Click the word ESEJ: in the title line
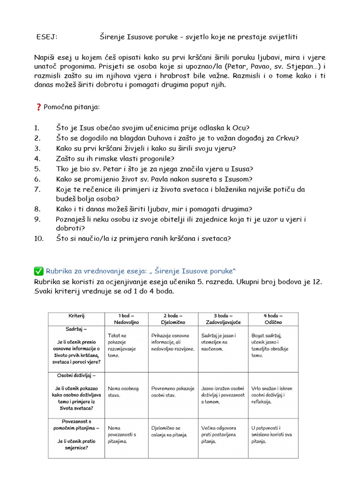[x=46, y=37]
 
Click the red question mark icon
[x=38, y=107]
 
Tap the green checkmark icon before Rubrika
[x=38, y=270]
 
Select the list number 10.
[x=38, y=238]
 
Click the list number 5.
[x=37, y=169]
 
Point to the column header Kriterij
[x=76, y=316]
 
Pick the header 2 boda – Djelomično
[x=173, y=319]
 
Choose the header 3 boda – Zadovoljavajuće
[x=223, y=319]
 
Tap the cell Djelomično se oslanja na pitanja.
[x=169, y=431]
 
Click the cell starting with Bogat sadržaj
[x=270, y=345]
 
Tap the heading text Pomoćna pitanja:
[x=72, y=107]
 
